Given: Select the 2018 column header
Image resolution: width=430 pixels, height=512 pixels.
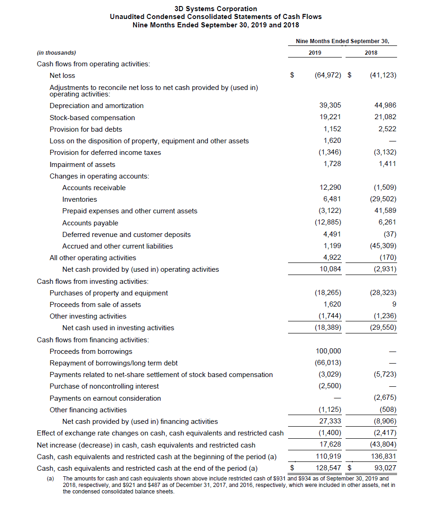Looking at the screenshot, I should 371,53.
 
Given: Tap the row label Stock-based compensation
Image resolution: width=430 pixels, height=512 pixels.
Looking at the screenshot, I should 92,118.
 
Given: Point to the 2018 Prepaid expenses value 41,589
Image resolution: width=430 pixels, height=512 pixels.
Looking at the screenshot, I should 385,211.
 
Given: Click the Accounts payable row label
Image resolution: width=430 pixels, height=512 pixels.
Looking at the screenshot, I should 90,223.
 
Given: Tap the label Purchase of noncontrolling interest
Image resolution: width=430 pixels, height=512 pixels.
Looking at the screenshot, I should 104,386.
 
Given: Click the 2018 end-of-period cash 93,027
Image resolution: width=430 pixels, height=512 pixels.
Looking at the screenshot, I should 385,468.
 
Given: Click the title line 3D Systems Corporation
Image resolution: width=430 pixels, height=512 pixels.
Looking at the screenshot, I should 216,9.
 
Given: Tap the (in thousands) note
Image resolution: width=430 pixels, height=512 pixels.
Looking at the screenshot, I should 57,53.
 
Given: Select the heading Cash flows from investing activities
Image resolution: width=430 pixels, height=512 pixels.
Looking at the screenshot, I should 93,282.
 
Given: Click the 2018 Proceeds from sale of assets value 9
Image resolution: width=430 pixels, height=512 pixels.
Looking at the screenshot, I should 394,305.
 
